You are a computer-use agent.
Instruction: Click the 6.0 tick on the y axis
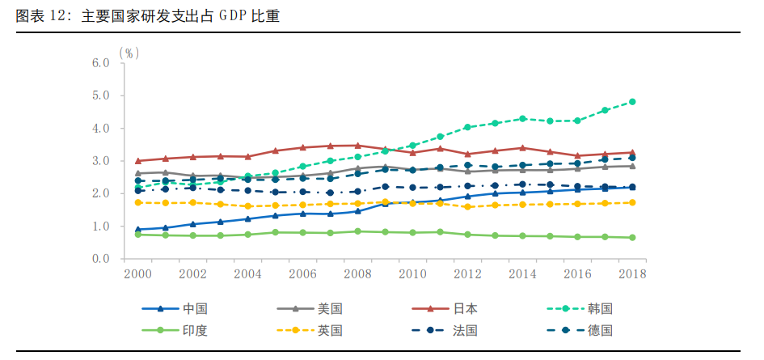point(100,63)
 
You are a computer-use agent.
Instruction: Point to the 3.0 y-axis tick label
point(100,161)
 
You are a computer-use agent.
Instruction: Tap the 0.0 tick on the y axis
point(100,259)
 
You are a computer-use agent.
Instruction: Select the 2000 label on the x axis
point(138,273)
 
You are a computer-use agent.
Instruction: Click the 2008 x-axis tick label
point(357,273)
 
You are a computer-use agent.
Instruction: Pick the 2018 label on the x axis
point(632,273)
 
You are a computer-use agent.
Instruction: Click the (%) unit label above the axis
point(129,53)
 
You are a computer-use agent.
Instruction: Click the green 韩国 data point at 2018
point(632,102)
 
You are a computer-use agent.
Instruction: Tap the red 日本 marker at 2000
point(138,161)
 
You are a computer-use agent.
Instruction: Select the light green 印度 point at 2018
point(632,238)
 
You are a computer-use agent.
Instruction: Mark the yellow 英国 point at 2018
point(632,202)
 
